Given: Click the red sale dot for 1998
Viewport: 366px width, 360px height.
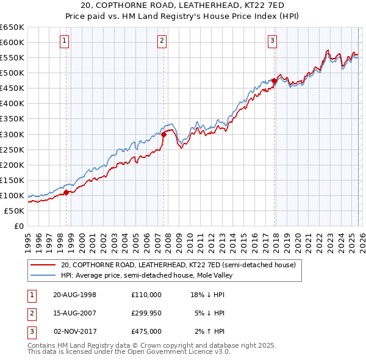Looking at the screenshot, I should [66, 192].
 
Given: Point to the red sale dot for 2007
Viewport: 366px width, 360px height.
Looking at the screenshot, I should [164, 134].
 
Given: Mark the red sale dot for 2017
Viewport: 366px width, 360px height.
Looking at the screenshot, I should [274, 81].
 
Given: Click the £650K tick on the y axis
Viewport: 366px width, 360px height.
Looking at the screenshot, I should [12, 27].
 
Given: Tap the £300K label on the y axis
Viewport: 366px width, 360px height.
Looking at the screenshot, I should [12, 134].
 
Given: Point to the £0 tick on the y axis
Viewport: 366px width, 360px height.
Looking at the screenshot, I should [18, 226].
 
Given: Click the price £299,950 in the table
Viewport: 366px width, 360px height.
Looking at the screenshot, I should [146, 313].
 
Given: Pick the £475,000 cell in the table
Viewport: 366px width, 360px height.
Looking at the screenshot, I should [146, 331].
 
